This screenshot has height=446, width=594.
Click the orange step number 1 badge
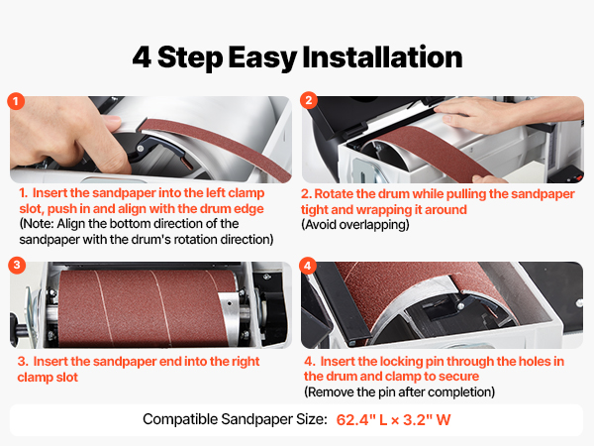tap(16, 101)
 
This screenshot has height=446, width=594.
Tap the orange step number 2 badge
tap(309, 100)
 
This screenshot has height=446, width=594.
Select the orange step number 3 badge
tap(17, 265)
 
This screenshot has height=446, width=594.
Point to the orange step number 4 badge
tap(308, 266)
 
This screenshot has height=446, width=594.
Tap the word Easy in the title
tap(262, 58)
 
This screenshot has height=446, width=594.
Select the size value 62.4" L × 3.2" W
tap(393, 420)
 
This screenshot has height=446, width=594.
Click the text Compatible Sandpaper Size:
tap(235, 419)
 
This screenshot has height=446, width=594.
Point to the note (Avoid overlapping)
tap(355, 225)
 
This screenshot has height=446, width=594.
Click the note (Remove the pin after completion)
tap(400, 391)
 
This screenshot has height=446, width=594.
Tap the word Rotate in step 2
tap(334, 194)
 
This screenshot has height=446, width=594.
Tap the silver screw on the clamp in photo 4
tap(460, 305)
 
